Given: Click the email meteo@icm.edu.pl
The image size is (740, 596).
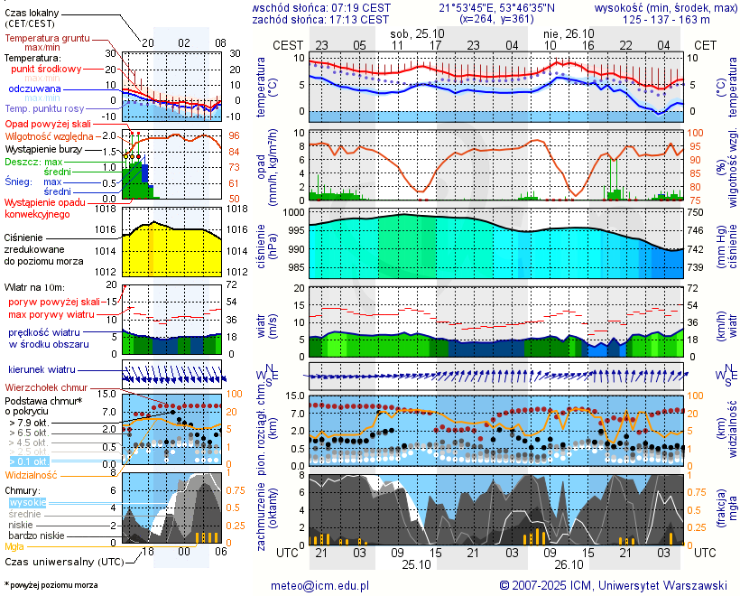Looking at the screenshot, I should point(320,585).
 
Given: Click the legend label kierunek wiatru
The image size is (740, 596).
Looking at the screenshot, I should point(42,370).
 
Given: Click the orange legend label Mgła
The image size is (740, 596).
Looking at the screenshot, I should point(14,546).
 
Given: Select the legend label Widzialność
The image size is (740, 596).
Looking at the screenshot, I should point(32,473).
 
